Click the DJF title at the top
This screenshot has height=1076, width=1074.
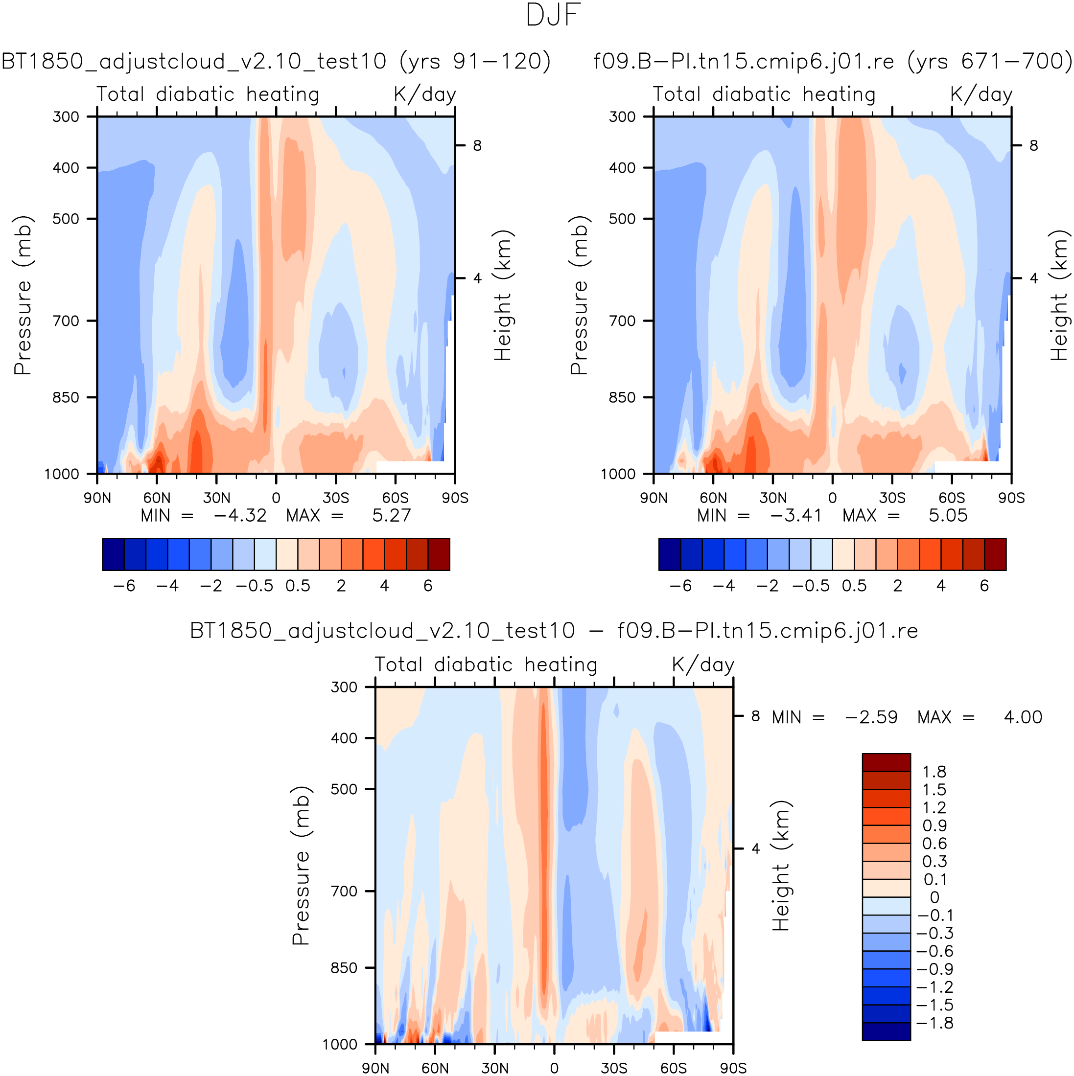pyautogui.click(x=553, y=15)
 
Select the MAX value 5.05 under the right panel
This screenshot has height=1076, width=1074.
pyautogui.click(x=948, y=515)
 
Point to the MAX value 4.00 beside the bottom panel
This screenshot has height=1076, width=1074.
pyautogui.click(x=1023, y=717)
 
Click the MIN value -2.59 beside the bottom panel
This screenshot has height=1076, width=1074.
pyautogui.click(x=871, y=717)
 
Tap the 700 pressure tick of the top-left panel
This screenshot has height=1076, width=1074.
pyautogui.click(x=66, y=321)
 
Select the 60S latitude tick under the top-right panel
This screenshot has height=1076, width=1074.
pyautogui.click(x=952, y=497)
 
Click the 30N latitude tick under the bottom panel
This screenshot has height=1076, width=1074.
pyautogui.click(x=495, y=1068)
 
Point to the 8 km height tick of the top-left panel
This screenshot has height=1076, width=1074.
pyautogui.click(x=477, y=146)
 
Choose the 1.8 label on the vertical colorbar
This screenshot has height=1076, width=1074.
pyautogui.click(x=934, y=772)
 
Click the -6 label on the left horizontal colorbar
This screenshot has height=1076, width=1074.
pyautogui.click(x=124, y=586)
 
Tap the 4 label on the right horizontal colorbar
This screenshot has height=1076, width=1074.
pyautogui.click(x=941, y=586)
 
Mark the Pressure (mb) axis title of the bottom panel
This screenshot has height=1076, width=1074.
pyautogui.click(x=301, y=866)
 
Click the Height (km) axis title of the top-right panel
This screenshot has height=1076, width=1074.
pyautogui.click(x=1058, y=295)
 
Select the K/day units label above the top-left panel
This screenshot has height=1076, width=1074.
pyautogui.click(x=425, y=94)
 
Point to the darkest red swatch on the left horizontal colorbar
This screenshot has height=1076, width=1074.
pyautogui.click(x=439, y=554)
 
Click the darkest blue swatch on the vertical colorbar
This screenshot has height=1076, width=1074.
pyautogui.click(x=886, y=1031)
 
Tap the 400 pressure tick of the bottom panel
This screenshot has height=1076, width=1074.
pyautogui.click(x=344, y=738)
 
